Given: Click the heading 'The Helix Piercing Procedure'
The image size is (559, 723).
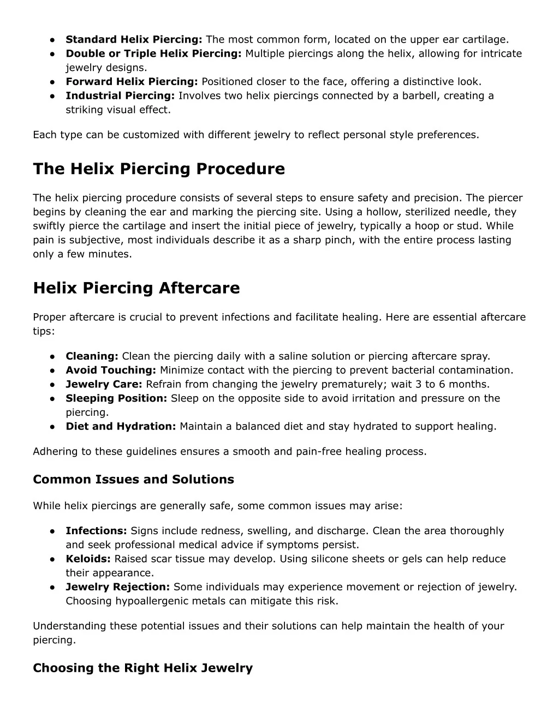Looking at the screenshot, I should tap(159, 169).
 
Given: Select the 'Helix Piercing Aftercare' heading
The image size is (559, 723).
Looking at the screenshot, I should tap(136, 288).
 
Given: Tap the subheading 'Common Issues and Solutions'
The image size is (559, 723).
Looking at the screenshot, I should tap(133, 480).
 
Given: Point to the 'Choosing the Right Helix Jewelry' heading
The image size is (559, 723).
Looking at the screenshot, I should tap(142, 668).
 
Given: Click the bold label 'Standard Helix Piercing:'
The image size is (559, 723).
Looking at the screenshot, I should tap(134, 39).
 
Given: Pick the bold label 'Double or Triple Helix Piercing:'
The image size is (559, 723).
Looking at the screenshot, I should tap(154, 53).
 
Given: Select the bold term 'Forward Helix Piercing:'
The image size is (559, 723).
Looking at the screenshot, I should tap(132, 82).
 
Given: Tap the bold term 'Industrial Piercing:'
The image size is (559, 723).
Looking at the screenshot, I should tap(120, 96).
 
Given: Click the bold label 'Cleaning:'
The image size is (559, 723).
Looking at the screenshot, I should tap(92, 356).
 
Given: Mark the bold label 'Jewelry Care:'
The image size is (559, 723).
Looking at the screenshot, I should tap(104, 384).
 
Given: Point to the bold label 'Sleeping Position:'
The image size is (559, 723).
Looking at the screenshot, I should tap(116, 398).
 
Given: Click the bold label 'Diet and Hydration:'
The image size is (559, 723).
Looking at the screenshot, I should tap(121, 426).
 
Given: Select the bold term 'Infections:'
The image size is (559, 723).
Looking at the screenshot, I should tap(97, 531).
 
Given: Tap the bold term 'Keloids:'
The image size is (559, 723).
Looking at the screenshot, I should tap(88, 559).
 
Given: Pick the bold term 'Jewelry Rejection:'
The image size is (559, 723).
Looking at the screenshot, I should tap(118, 587).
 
